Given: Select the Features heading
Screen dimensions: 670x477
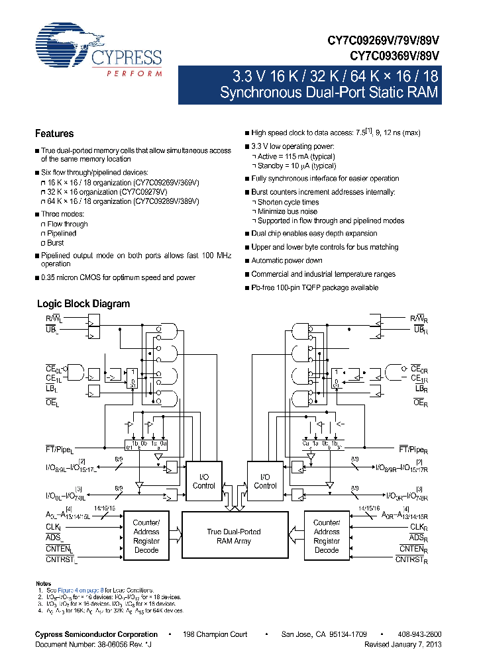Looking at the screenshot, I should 54,133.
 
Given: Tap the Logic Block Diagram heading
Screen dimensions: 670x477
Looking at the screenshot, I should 83,304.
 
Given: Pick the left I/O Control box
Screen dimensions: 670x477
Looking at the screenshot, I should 203,481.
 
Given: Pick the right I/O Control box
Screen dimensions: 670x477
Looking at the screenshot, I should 265,481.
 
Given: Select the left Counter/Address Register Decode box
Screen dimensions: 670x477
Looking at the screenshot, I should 146,536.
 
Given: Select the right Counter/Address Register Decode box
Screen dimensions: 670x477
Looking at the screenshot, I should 327,536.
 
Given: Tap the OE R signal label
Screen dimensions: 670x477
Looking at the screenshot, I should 419,402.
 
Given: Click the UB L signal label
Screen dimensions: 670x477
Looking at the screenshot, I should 52,328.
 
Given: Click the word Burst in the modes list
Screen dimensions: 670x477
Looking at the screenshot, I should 56,243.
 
